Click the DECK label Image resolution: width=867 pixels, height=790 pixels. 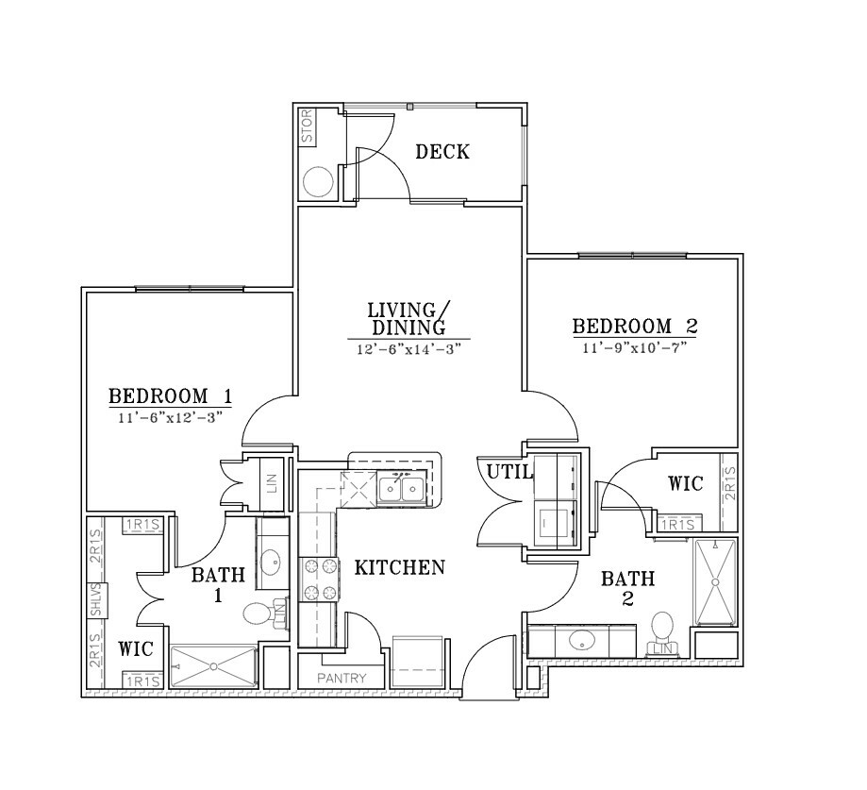pyautogui.click(x=442, y=152)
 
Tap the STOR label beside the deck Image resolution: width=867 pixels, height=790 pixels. pyautogui.click(x=308, y=126)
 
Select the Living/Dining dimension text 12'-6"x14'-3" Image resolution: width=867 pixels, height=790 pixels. pyautogui.click(x=408, y=349)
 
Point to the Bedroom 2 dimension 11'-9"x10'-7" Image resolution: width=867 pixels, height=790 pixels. pyautogui.click(x=635, y=348)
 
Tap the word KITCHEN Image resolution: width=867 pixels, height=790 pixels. pyautogui.click(x=399, y=567)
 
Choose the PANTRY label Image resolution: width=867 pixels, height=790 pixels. pyautogui.click(x=342, y=678)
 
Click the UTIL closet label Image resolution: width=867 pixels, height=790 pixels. pyautogui.click(x=509, y=471)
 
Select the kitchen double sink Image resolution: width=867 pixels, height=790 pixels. pyautogui.click(x=403, y=489)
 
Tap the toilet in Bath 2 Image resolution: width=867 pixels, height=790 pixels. pyautogui.click(x=662, y=630)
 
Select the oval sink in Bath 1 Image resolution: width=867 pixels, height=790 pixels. pyautogui.click(x=271, y=563)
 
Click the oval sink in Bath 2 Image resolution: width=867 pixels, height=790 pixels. pyautogui.click(x=582, y=641)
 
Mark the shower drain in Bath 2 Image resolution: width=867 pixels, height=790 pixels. pyautogui.click(x=715, y=582)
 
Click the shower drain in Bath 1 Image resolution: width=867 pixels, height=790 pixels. pyautogui.click(x=213, y=667)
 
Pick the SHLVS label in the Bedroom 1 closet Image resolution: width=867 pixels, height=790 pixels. pyautogui.click(x=96, y=600)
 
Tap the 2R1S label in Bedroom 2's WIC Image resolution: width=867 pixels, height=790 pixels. pyautogui.click(x=730, y=484)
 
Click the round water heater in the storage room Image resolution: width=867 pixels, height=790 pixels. pyautogui.click(x=318, y=182)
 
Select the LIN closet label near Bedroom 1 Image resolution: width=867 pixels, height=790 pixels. pyautogui.click(x=272, y=484)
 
